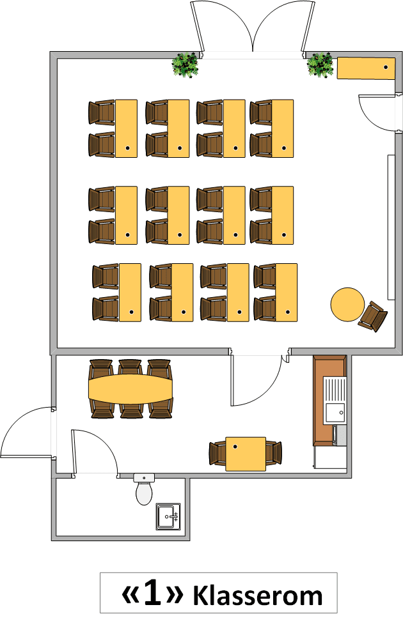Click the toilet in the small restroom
[144, 489]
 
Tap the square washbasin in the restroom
[168, 516]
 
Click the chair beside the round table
[373, 316]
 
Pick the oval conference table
[130, 389]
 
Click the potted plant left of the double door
[185, 65]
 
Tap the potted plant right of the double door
[320, 65]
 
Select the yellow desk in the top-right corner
[366, 68]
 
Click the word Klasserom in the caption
[257, 595]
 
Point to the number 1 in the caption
[152, 594]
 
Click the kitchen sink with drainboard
[335, 400]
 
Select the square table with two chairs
[246, 454]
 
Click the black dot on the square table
[235, 447]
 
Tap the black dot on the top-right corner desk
[386, 67]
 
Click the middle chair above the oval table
[130, 368]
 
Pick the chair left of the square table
[217, 454]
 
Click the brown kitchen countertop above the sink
[329, 366]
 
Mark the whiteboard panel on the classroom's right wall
[391, 227]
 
